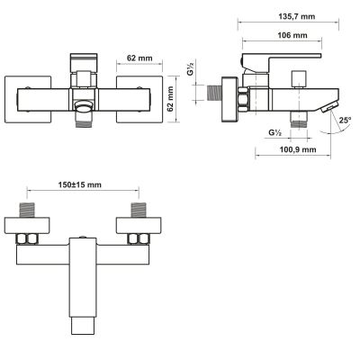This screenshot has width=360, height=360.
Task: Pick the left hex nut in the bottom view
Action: point(28,238)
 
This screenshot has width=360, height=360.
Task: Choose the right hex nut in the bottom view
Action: point(138,238)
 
